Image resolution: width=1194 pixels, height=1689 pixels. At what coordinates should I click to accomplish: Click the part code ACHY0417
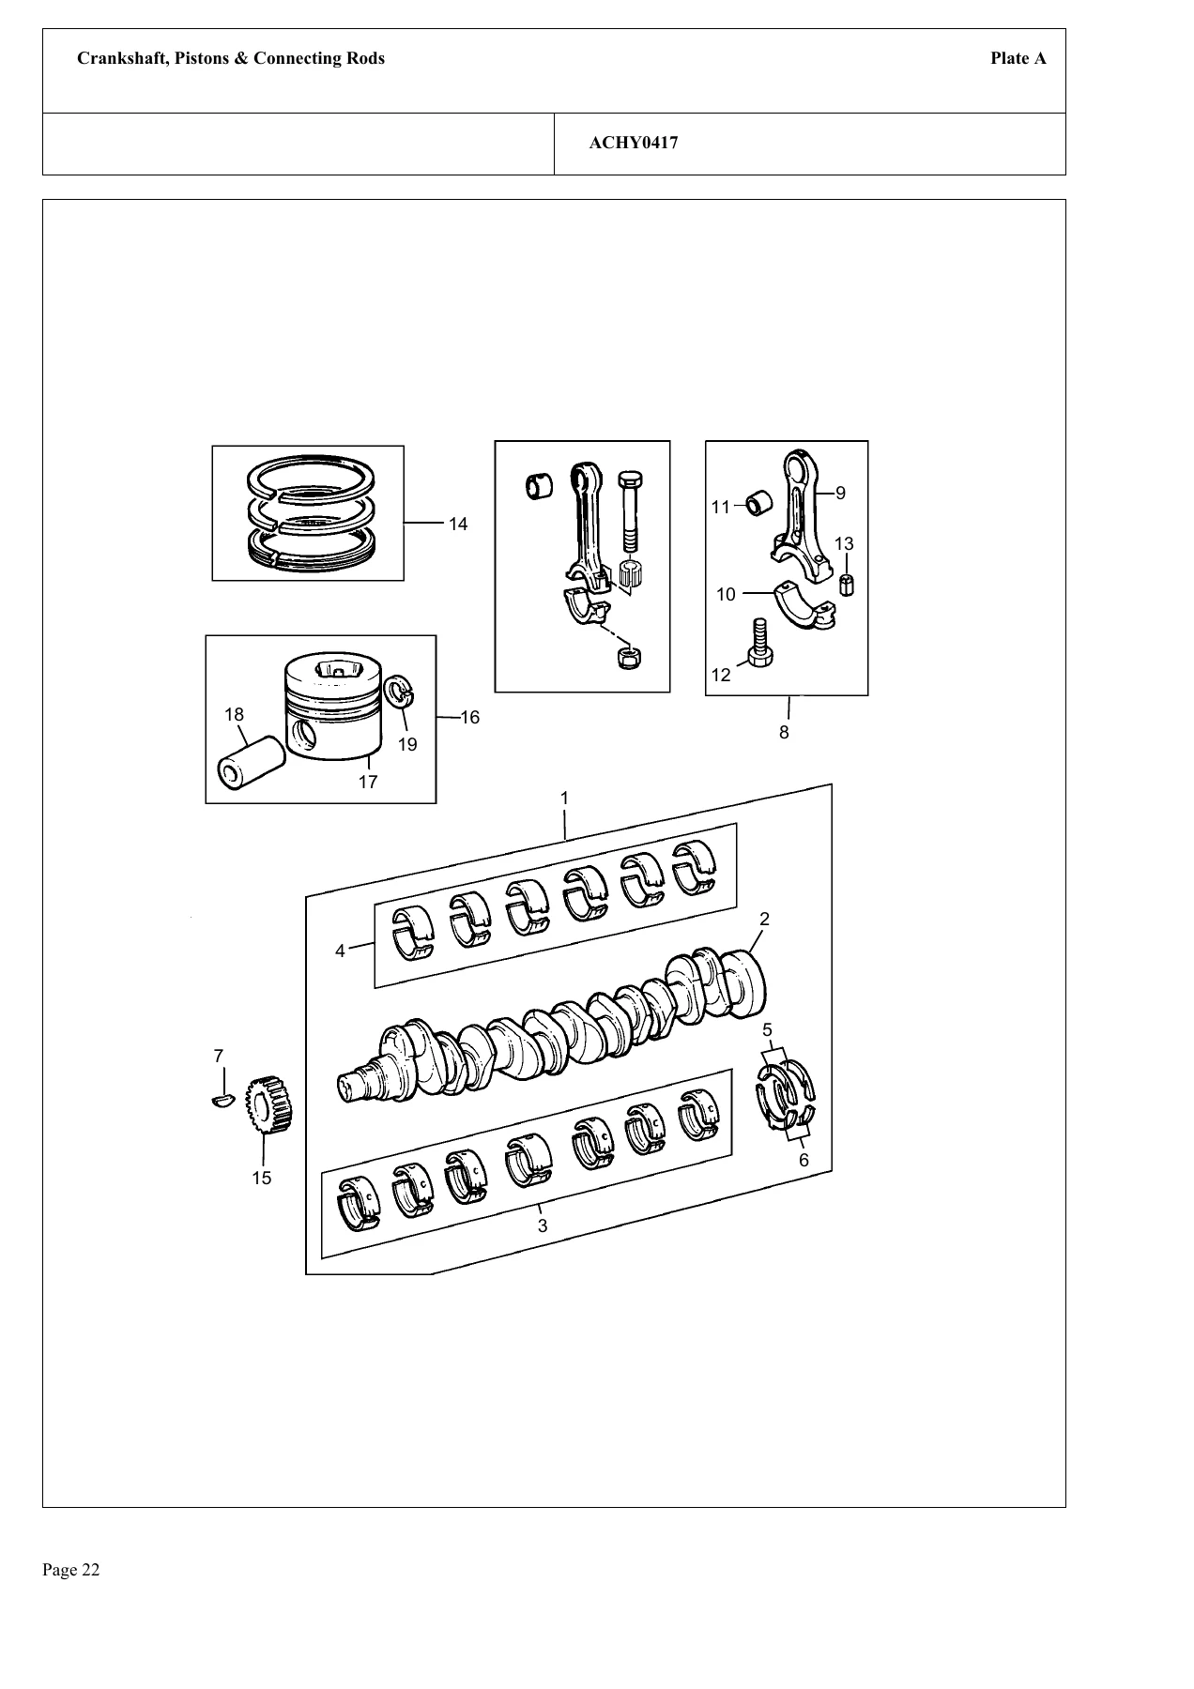point(634,144)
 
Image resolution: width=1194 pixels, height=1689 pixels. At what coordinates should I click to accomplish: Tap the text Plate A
point(1018,58)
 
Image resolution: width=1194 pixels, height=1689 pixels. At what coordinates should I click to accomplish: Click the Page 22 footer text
point(71,1570)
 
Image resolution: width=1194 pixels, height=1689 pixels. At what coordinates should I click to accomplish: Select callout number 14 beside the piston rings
point(458,525)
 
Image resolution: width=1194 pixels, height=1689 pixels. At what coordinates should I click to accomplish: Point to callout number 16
point(470,718)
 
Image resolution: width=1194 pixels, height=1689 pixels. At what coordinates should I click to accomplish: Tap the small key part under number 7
point(222,1100)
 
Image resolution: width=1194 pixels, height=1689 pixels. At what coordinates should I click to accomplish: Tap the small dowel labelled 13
point(847,584)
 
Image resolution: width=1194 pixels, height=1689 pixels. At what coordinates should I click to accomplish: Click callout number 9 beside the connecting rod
point(840,493)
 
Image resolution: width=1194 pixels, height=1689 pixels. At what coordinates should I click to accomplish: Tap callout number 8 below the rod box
point(785,732)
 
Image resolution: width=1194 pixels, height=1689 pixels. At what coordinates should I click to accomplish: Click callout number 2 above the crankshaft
point(765,918)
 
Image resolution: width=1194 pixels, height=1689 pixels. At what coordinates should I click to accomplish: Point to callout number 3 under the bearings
point(543,1225)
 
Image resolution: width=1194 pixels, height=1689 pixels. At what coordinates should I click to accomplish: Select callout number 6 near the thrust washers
point(804,1160)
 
